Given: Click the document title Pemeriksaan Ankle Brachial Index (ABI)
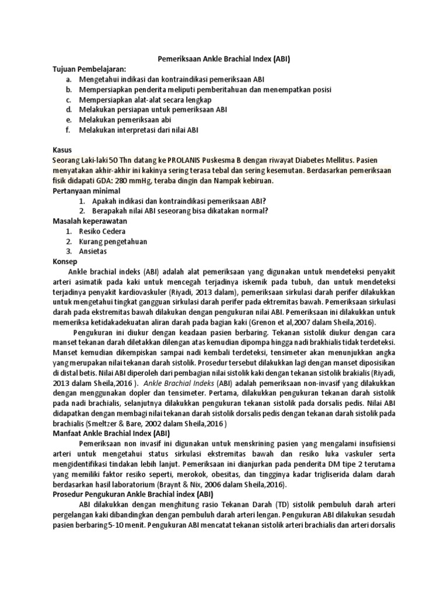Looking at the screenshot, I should (x=224, y=59).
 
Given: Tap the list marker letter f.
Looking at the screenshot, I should (x=68, y=130).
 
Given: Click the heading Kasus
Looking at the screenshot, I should (x=62, y=150).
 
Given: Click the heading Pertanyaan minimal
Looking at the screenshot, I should (x=86, y=191).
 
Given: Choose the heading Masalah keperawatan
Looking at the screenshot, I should (x=90, y=222).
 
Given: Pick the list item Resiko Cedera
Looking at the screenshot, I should (x=102, y=231).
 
